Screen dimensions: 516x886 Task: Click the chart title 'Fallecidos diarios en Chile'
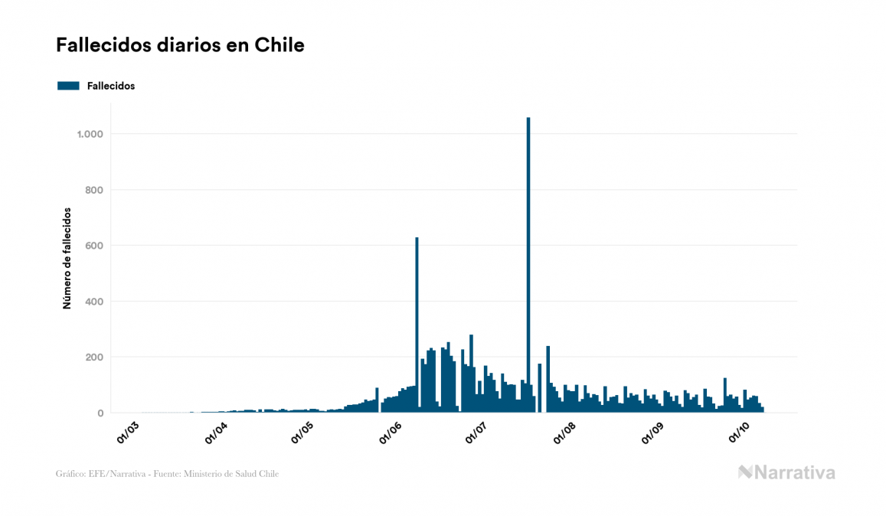[180, 45]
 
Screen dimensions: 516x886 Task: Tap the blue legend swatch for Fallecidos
[68, 86]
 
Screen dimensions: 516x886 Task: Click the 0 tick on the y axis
[100, 413]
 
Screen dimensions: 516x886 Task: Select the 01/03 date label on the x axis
[127, 433]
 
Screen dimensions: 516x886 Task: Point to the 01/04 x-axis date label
[216, 433]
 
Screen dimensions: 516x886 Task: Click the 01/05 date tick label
[302, 433]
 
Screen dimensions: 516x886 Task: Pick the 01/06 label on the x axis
[391, 433]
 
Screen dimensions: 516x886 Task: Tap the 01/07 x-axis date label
[476, 433]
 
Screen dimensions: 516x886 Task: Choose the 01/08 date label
[565, 433]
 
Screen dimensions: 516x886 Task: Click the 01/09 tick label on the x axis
[652, 433]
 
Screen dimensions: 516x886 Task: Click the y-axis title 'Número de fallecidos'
[67, 258]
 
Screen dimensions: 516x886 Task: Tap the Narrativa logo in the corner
[786, 472]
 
